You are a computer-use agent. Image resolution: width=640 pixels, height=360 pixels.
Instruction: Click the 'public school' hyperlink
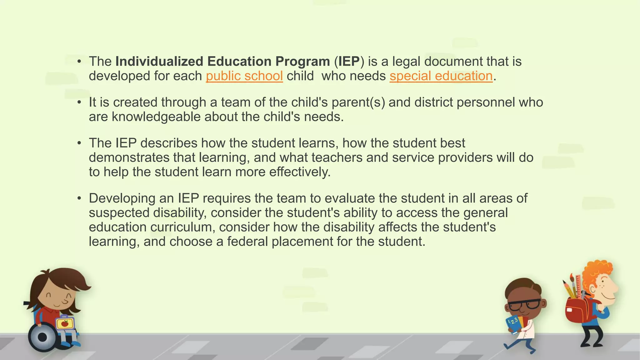(244, 76)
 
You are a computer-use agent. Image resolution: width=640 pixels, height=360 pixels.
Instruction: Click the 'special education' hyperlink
(441, 76)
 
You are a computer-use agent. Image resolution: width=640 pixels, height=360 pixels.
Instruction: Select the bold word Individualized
(159, 61)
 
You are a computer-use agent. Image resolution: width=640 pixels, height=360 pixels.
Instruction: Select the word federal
(247, 242)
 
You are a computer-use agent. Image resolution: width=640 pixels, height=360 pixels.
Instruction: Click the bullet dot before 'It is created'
(80, 102)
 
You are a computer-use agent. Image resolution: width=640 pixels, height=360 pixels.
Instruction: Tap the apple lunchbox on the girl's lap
(65, 323)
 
